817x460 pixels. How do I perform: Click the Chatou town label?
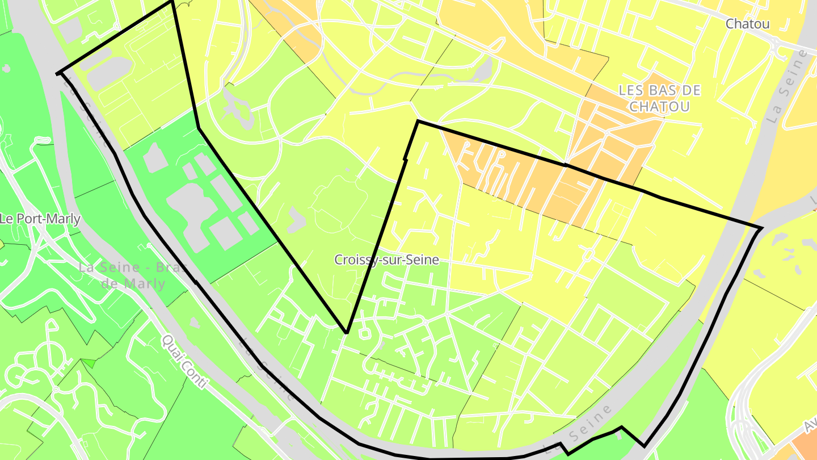(x=747, y=24)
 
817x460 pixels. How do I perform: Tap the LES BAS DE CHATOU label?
(x=659, y=98)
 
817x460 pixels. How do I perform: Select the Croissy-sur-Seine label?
(x=386, y=260)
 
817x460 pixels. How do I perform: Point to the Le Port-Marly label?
(x=40, y=219)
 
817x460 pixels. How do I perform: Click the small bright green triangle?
(x=89, y=362)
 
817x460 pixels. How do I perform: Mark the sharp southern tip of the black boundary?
(x=346, y=332)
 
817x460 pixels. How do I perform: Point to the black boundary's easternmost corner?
(x=761, y=228)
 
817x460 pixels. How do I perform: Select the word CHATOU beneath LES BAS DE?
(x=659, y=106)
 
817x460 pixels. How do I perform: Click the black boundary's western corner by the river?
(x=58, y=73)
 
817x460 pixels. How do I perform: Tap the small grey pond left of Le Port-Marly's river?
(x=6, y=69)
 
